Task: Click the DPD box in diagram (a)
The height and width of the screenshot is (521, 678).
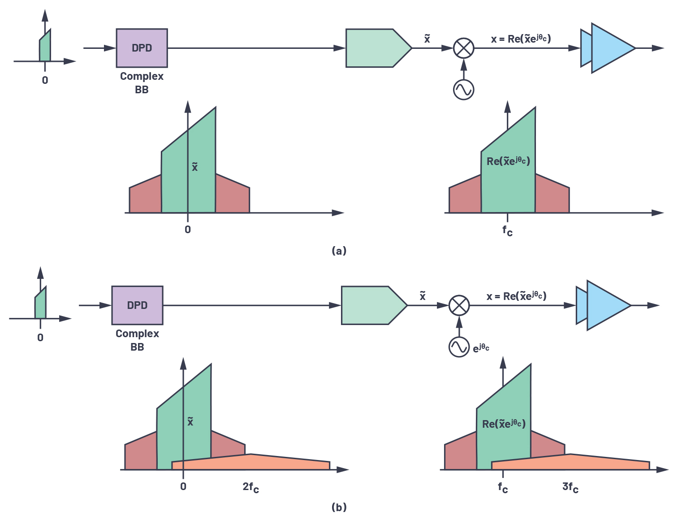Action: [142, 48]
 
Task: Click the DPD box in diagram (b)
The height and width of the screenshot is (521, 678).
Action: [137, 305]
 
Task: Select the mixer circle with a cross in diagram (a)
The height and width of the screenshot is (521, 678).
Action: [464, 48]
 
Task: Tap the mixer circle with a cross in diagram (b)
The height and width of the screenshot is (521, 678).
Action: [459, 305]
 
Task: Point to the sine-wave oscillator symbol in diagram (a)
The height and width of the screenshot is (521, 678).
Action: [464, 90]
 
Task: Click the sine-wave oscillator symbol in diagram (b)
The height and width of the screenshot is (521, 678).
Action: [459, 347]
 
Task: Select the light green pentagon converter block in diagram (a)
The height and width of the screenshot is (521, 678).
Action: [379, 48]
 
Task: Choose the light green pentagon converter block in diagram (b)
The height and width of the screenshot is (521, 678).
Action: [374, 305]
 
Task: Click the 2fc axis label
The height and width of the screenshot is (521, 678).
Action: [250, 487]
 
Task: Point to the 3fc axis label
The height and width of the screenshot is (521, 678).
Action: [570, 487]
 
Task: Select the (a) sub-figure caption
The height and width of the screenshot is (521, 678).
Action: [339, 251]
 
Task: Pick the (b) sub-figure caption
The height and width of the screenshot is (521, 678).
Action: [339, 507]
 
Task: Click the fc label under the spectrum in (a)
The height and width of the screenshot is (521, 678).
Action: [507, 231]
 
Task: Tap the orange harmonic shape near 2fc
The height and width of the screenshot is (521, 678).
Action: [251, 462]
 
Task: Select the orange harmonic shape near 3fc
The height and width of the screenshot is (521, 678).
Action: [570, 462]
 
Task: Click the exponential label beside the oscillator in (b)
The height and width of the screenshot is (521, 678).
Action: [481, 348]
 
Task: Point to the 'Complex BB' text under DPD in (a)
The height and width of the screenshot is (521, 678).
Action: [142, 82]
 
